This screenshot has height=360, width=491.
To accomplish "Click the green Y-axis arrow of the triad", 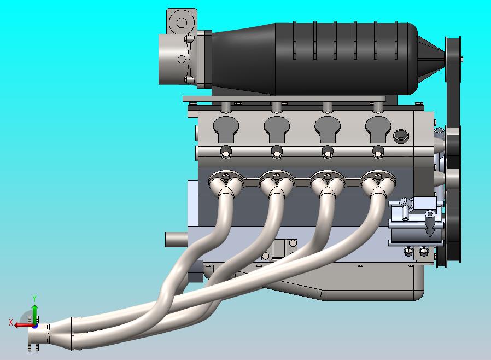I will point(34,313).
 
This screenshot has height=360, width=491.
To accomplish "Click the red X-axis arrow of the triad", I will point(22,324).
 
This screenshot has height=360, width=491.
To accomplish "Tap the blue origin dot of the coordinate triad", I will point(34,325).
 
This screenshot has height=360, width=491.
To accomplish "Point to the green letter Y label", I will point(34,298).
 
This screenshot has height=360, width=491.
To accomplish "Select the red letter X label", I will point(11,323).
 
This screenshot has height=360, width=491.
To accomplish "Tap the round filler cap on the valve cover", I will point(401,136).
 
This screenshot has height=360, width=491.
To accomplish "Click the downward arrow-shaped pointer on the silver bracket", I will point(430,227).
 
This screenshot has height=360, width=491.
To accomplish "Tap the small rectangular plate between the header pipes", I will point(284,247).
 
